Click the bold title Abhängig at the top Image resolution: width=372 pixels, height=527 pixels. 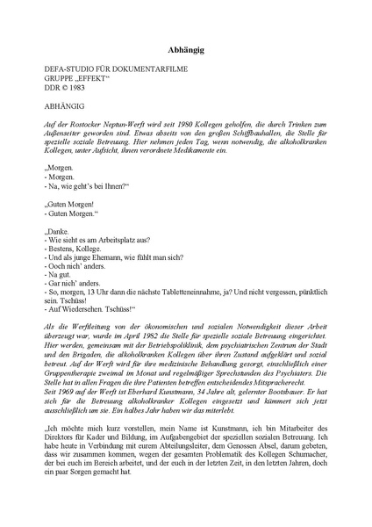pos(185,52)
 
